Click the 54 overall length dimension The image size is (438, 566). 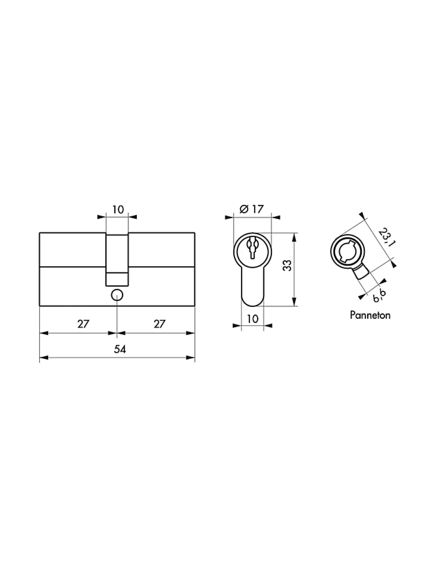(120, 349)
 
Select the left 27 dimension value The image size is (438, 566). (83, 324)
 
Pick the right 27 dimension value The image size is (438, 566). (159, 324)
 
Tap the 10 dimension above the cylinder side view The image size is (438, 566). (118, 210)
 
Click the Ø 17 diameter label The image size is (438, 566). (252, 209)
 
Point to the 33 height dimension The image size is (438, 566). (287, 266)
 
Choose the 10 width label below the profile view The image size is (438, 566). (252, 319)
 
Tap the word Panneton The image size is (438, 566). (370, 315)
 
